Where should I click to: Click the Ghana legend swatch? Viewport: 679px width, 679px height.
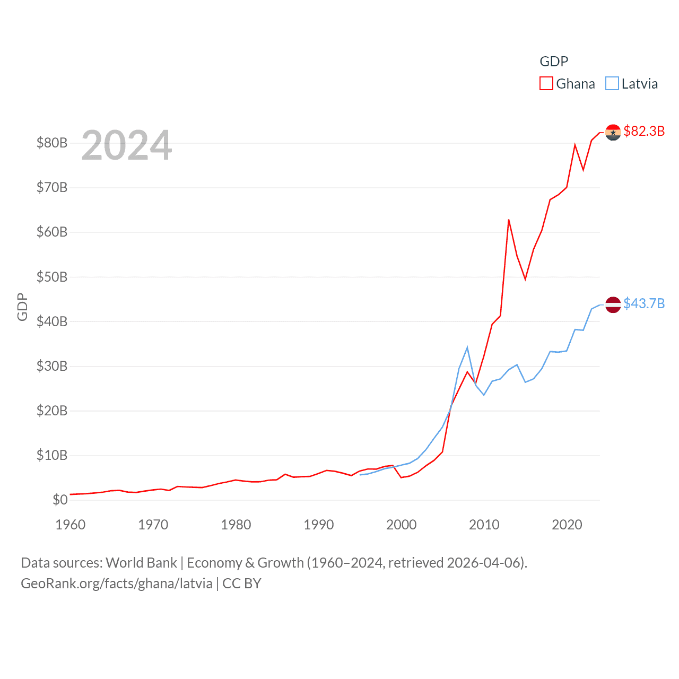[x=546, y=84]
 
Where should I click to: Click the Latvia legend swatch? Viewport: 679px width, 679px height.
[x=612, y=84]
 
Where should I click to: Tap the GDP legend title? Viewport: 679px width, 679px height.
[x=554, y=62]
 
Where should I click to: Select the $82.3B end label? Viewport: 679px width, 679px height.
[x=644, y=131]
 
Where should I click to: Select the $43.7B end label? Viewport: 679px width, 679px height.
[x=644, y=303]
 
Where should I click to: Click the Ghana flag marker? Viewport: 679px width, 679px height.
[x=613, y=132]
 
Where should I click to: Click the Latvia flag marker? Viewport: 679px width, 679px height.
[x=613, y=304]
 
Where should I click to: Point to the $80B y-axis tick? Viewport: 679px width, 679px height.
[x=51, y=143]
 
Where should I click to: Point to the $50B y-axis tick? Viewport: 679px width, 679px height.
[x=51, y=277]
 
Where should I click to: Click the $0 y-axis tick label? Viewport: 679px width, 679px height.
[x=60, y=500]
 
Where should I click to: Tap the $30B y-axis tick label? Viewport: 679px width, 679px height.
[x=51, y=366]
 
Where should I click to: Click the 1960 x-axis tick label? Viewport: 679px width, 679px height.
[x=71, y=525]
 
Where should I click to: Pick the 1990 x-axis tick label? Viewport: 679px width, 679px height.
[x=319, y=525]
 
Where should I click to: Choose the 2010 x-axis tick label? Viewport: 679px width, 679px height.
[x=484, y=525]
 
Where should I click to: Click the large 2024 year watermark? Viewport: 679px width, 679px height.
[x=127, y=145]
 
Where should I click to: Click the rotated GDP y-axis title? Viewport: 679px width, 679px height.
[x=22, y=307]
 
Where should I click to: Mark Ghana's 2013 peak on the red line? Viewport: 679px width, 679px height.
[x=509, y=220]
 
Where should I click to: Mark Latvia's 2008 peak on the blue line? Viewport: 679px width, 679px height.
[x=467, y=347]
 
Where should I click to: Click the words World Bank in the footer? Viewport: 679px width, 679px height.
[x=141, y=563]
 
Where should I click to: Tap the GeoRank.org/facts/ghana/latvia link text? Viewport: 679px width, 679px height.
[x=117, y=584]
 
